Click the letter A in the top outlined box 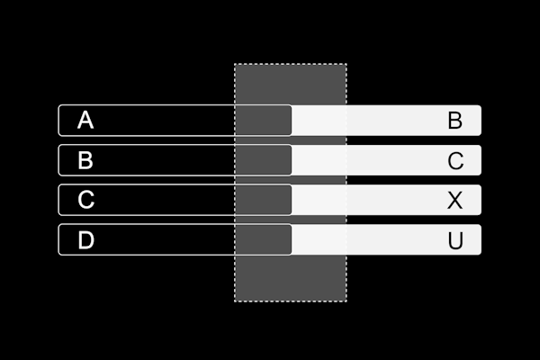(85, 120)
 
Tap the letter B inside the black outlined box (85, 160)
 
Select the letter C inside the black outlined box (85, 200)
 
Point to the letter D (85, 239)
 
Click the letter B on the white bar (454, 121)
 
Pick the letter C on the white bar (455, 160)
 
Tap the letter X (454, 200)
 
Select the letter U (455, 240)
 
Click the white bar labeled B (386, 121)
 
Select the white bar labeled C (386, 160)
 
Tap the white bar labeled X (386, 200)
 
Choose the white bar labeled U (386, 239)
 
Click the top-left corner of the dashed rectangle (235, 64)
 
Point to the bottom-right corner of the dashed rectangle (346, 301)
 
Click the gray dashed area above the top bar (291, 84)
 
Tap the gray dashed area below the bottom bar (291, 278)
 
